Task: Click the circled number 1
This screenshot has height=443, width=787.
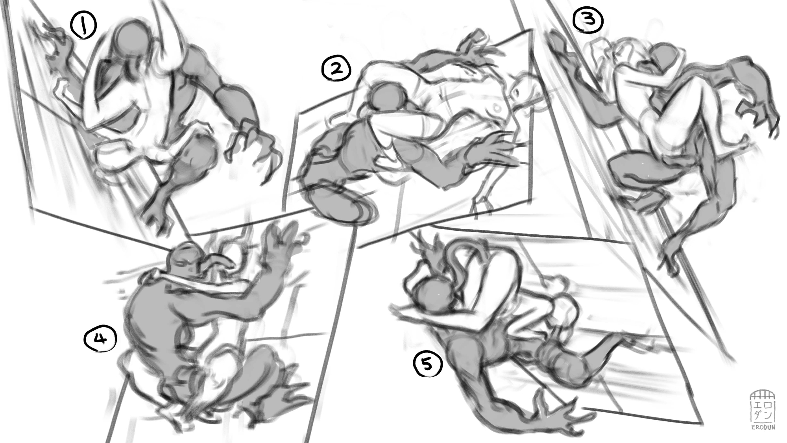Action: click(x=83, y=25)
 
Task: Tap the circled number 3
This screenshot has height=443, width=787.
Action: click(x=588, y=20)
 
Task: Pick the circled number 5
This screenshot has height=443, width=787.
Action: click(x=427, y=364)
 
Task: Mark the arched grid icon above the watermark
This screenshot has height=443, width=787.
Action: click(x=763, y=396)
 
